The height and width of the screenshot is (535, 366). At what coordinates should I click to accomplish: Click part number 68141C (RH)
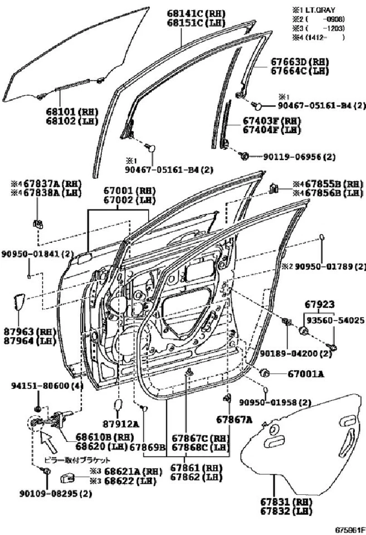click(192, 13)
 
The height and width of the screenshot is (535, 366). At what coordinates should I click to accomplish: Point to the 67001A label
click(306, 374)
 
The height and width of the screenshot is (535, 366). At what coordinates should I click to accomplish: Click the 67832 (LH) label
click(289, 510)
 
